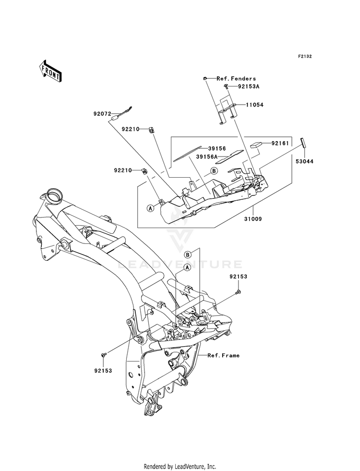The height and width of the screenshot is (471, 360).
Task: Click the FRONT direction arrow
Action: tap(50, 71)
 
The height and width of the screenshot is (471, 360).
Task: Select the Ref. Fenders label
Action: tap(236, 78)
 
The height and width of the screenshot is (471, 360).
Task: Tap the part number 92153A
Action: tap(249, 86)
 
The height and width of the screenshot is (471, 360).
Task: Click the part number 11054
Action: tap(254, 105)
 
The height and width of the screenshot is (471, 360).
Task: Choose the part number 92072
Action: tap(102, 114)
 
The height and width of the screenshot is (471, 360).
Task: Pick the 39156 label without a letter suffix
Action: tap(217, 148)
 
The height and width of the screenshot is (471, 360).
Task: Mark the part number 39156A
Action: tap(207, 157)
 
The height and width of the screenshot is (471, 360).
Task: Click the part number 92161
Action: tap(280, 143)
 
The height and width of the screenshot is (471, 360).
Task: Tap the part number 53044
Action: tap(304, 161)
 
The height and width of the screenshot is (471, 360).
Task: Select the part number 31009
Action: tap(253, 219)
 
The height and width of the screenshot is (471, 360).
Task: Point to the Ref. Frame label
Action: tap(224, 355)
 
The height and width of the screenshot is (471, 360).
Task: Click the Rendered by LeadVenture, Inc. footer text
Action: tap(180, 467)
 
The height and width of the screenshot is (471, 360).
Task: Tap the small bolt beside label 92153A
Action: tap(226, 87)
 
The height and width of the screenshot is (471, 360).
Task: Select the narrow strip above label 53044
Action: tap(303, 143)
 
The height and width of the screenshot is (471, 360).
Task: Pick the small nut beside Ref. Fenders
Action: tap(205, 78)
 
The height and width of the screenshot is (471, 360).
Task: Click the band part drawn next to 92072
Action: tap(121, 113)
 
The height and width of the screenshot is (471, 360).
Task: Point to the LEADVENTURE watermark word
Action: tap(179, 265)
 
